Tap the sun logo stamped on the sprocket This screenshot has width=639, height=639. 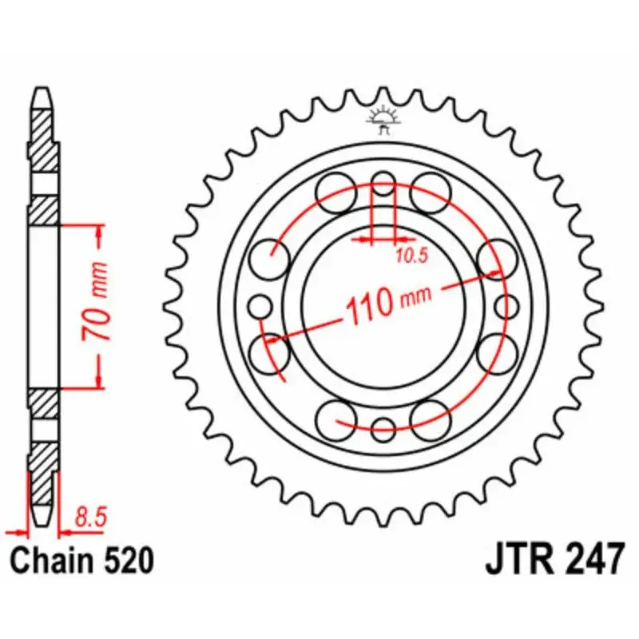point(383,120)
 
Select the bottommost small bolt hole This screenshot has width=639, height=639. point(384,425)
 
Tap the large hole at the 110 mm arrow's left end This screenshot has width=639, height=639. point(268,349)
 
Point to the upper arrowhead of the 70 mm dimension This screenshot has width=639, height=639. point(98,232)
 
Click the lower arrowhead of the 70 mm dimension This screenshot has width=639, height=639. point(98,381)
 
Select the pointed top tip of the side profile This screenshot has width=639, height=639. point(44,90)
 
